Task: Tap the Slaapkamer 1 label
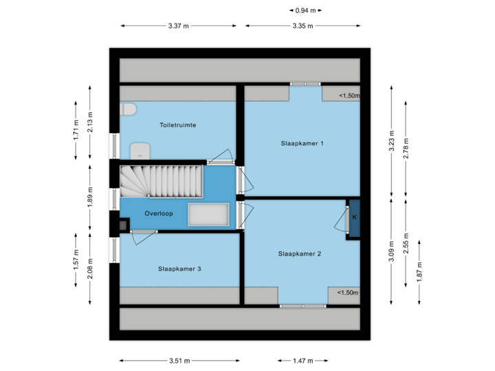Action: click(302, 144)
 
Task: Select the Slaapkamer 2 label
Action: click(300, 254)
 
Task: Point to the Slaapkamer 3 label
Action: click(179, 269)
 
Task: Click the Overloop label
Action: click(159, 214)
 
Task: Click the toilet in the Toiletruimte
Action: click(128, 110)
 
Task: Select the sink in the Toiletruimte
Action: click(140, 150)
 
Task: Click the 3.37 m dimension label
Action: click(178, 26)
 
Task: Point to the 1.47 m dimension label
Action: click(302, 360)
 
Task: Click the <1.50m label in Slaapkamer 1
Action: click(349, 96)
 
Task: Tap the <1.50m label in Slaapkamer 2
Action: click(347, 293)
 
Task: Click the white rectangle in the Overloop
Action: click(209, 214)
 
